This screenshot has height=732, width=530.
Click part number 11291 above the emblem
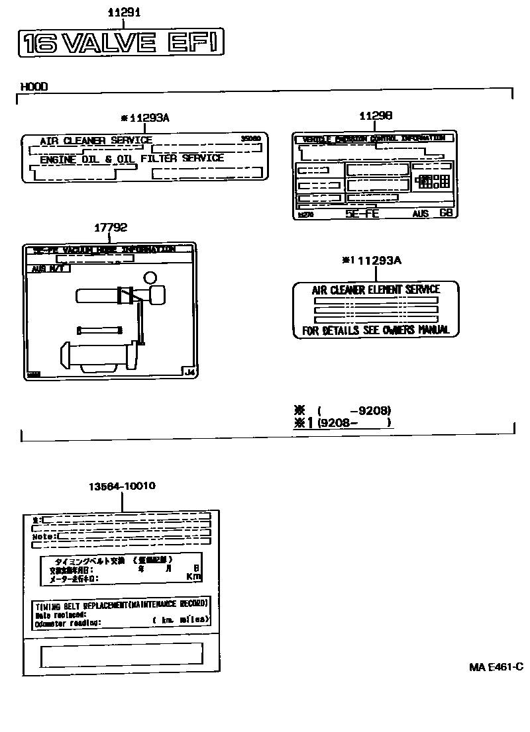(125, 13)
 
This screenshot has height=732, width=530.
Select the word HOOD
(34, 87)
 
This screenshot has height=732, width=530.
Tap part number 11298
(376, 115)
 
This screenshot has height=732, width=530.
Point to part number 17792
(110, 228)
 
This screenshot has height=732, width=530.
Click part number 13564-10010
(122, 486)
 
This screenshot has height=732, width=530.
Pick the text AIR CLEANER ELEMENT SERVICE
(376, 289)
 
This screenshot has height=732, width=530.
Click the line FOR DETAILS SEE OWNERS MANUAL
(376, 330)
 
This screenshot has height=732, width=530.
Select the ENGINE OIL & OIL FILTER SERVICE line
(132, 159)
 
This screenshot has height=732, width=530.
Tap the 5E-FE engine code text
(362, 214)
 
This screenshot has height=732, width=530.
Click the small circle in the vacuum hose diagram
(150, 277)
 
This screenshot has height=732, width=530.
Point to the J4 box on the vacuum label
(189, 372)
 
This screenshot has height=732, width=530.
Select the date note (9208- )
(354, 422)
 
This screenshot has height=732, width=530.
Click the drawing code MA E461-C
(496, 667)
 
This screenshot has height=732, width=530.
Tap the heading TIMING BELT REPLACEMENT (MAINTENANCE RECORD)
(121, 604)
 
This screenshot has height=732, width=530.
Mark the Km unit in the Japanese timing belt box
(193, 576)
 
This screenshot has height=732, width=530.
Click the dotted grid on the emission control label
(431, 180)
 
